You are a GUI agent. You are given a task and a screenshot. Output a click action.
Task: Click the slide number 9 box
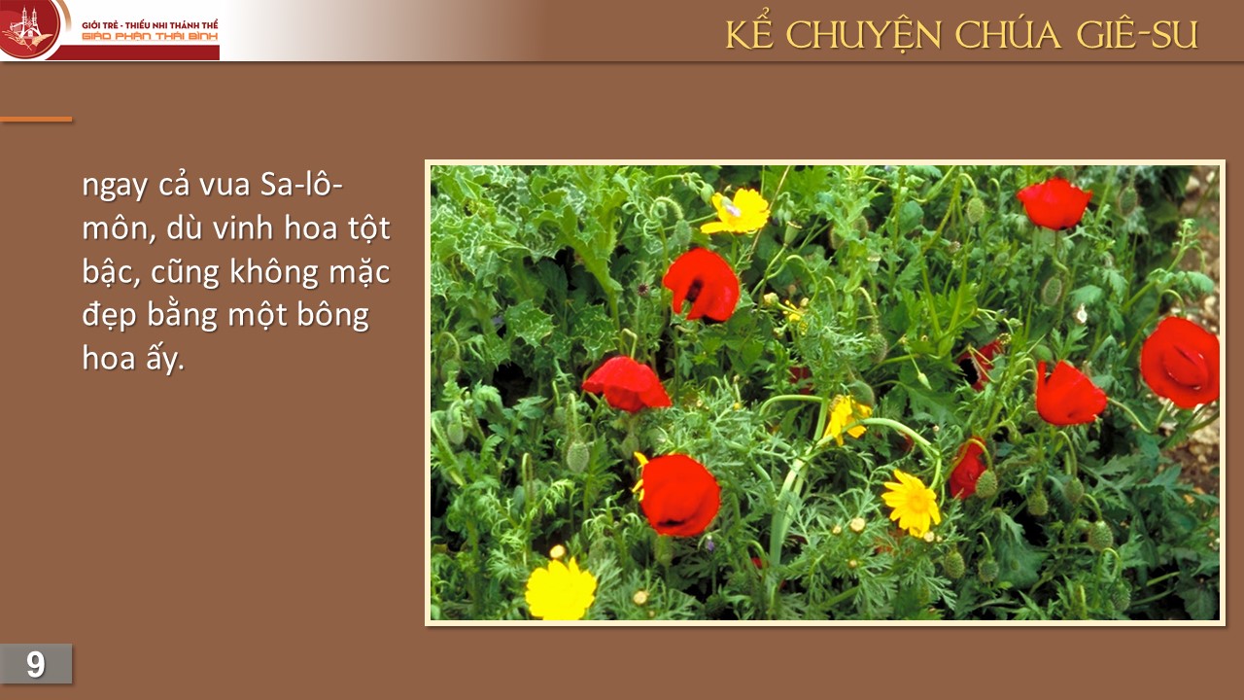[36, 663]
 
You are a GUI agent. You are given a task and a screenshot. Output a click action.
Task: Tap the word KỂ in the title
[749, 34]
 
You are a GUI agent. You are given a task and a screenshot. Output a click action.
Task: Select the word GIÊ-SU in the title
[1137, 35]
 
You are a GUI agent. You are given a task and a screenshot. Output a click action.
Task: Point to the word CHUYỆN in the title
[864, 36]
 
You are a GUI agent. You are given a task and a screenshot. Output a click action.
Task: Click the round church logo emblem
[29, 28]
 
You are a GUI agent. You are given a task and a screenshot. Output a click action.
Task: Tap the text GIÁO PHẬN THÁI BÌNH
[150, 37]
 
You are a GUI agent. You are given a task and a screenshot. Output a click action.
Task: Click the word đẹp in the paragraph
[110, 316]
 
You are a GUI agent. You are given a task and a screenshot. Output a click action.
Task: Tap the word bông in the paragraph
[332, 316]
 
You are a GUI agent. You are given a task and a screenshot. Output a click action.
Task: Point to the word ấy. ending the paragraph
[165, 359]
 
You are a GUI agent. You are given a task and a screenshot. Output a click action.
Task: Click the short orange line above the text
[36, 119]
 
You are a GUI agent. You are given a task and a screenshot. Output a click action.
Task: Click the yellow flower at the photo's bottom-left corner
[561, 589]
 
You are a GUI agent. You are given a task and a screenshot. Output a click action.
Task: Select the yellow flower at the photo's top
[737, 212]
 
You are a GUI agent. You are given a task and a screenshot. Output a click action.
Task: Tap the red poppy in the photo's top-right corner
[1054, 203]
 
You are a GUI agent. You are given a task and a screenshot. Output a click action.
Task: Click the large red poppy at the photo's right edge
[1180, 363]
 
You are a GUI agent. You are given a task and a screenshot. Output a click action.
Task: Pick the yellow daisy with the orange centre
[912, 504]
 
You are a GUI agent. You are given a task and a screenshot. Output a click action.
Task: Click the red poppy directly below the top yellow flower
[702, 285]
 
